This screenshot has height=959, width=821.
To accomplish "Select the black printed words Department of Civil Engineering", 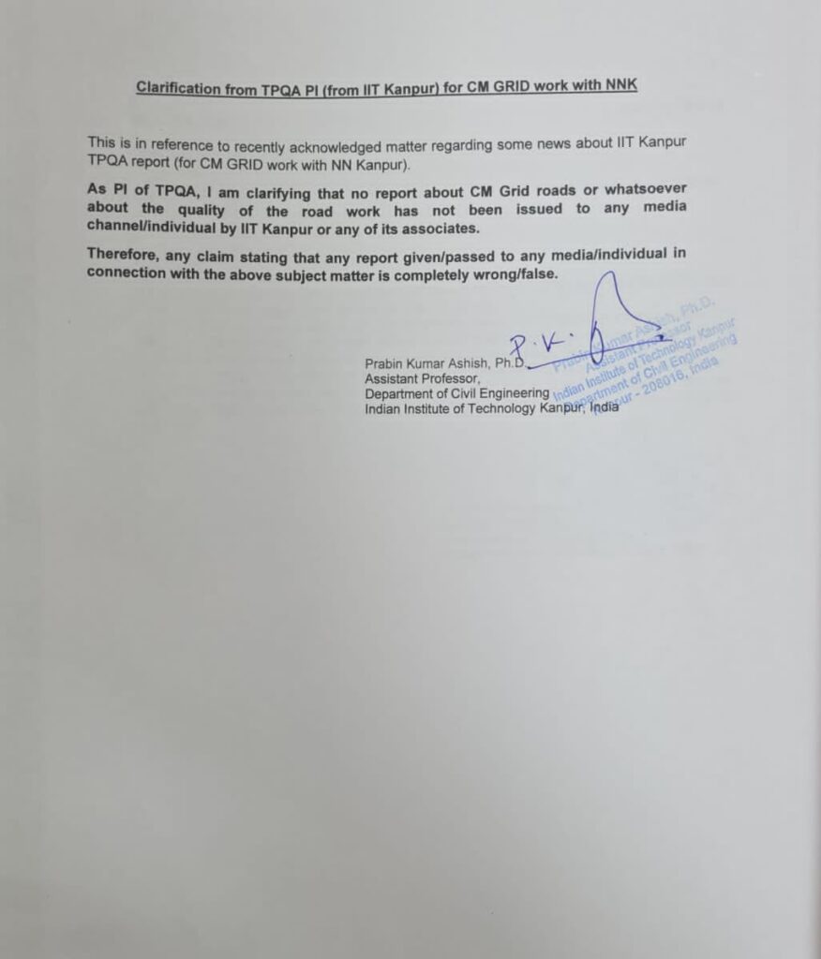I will pyautogui.click(x=456, y=394).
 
